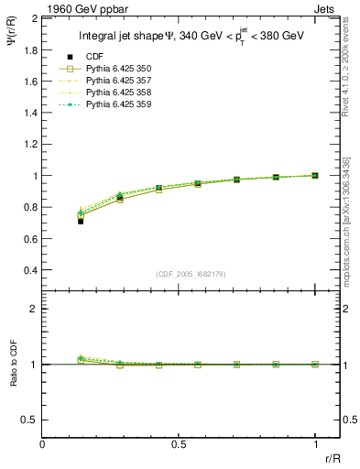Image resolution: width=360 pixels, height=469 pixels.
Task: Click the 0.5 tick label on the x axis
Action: [x=179, y=444]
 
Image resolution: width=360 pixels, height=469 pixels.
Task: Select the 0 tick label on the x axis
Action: [x=43, y=444]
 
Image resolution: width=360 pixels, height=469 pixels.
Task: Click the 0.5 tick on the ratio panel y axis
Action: [x=30, y=420]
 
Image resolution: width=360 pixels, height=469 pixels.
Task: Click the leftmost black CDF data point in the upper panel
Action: [x=81, y=221]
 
